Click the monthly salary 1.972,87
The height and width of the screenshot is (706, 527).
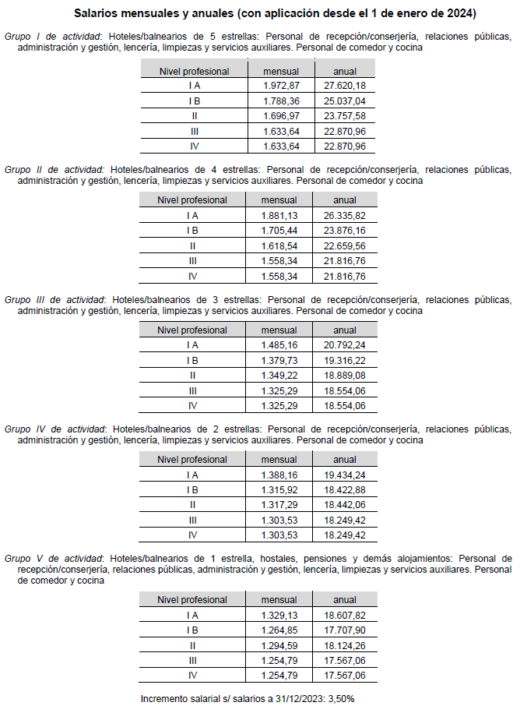pos(281,86)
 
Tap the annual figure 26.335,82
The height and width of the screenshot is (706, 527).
pos(344,216)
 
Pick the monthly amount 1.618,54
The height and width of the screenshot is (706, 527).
pos(279,245)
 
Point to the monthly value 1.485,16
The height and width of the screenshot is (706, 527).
pos(279,345)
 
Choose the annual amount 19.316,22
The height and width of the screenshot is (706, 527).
pos(344,360)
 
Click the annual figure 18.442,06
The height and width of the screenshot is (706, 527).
pos(344,505)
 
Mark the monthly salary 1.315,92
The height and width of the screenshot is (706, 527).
pos(279,490)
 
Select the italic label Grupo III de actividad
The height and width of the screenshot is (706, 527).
pos(54,299)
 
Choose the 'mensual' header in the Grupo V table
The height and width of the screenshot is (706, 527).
pos(279,600)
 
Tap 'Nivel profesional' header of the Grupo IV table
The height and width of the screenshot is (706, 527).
pos(192,460)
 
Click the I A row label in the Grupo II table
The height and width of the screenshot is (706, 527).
pos(192,216)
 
